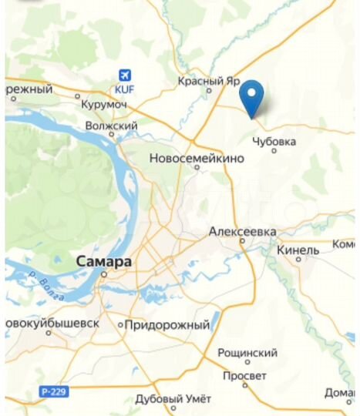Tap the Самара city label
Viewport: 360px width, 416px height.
(x=104, y=262)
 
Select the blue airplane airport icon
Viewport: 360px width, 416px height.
(x=124, y=75)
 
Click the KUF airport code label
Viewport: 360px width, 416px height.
(x=124, y=89)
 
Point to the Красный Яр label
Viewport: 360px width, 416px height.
(x=209, y=80)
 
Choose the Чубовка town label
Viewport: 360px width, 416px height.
(x=274, y=141)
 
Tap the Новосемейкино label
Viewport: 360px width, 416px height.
(x=196, y=158)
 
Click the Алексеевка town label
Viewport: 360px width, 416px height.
(x=243, y=231)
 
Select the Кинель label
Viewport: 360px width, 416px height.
(x=296, y=250)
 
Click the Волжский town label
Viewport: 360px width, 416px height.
(x=112, y=125)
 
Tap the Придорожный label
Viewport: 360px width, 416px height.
(x=167, y=325)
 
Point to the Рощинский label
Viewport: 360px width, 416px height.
(x=247, y=352)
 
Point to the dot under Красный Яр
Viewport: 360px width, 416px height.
(x=209, y=90)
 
